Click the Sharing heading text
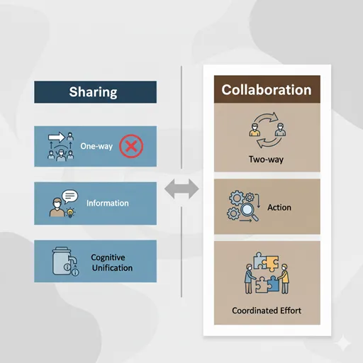point(93,92)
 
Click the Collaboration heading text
point(267,90)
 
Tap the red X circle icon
point(131,146)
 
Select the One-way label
point(96,146)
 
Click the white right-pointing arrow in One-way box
point(57,137)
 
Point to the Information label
point(108,203)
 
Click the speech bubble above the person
point(69,196)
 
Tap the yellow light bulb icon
point(70,213)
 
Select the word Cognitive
point(108,257)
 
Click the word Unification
point(112,268)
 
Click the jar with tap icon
point(65,262)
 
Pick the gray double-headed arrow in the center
point(181,189)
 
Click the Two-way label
point(266,160)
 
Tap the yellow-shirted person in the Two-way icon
point(255,130)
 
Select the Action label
point(279,208)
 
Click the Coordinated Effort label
point(267,311)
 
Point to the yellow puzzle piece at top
point(272,264)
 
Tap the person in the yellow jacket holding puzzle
point(284,279)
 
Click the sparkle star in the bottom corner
point(343,343)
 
